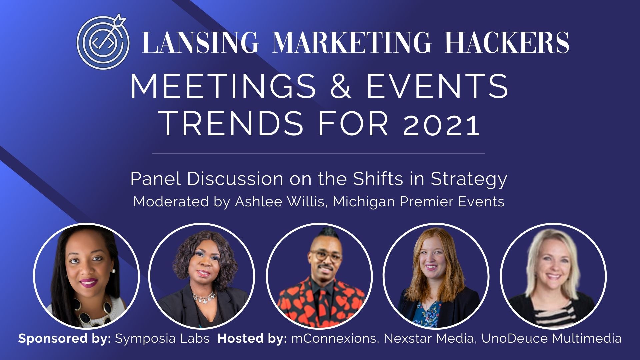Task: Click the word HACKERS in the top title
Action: click(x=507, y=42)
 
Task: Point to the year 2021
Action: click(x=441, y=124)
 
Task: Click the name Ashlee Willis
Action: click(x=280, y=201)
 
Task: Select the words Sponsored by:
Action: click(x=65, y=339)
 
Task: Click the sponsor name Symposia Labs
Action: click(x=162, y=339)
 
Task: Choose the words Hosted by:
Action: click(x=252, y=339)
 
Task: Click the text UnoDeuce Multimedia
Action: click(x=552, y=339)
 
